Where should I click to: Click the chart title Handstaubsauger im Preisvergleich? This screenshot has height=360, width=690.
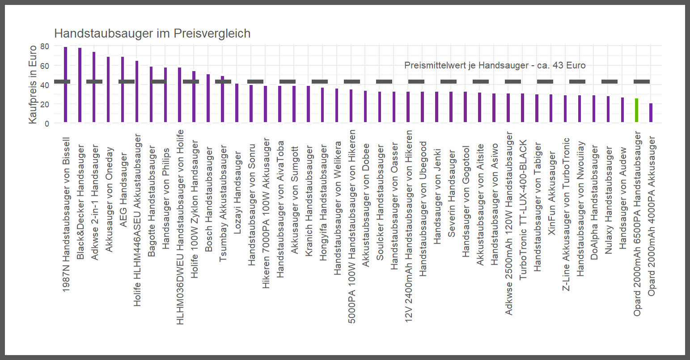pos(152,34)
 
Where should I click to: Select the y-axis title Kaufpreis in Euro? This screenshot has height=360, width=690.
pos(33,85)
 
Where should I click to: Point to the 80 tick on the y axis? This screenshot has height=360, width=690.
pos(44,46)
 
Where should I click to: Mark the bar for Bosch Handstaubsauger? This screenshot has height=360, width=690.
pos(208,98)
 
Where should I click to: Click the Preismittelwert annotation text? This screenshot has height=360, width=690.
pos(495,65)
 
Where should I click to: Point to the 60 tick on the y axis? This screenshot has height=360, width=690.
pos(44,65)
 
